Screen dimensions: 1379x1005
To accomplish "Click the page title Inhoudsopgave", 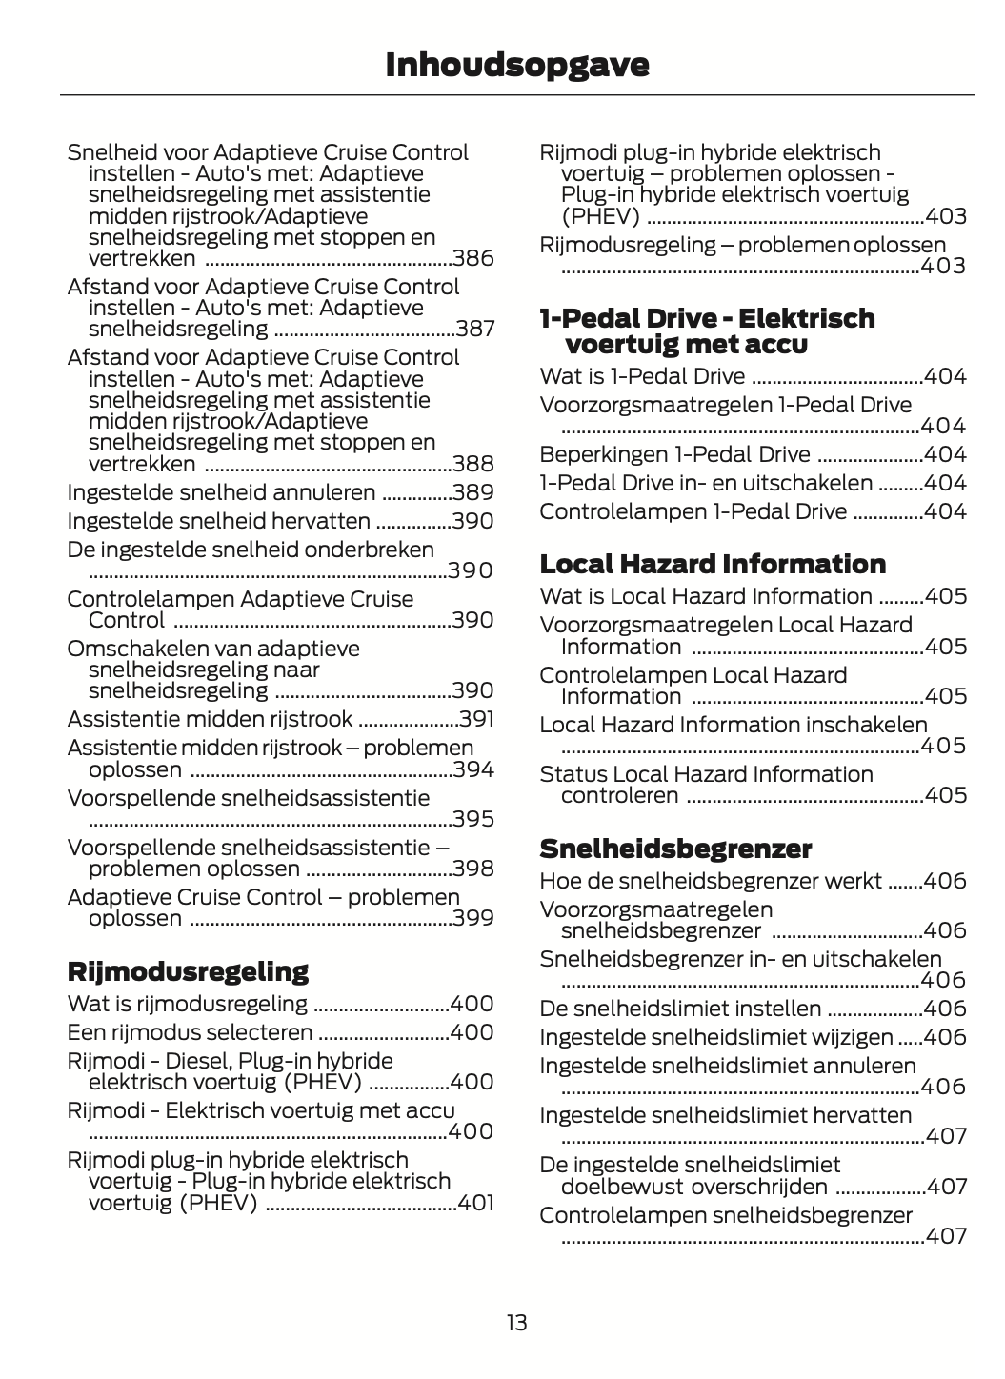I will pos(517,65).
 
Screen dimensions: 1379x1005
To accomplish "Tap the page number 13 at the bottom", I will pos(516,1323).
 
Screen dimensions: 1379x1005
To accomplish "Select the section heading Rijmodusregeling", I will pos(188,972).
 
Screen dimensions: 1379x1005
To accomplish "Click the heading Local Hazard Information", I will pos(713,564).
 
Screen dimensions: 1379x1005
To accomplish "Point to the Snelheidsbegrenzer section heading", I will pos(675,849).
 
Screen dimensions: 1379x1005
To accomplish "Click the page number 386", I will pos(473,259).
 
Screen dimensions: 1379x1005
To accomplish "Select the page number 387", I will pos(474,330).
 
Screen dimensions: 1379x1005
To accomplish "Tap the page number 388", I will pos(473,465).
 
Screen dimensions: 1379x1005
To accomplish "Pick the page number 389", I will pos(473,493).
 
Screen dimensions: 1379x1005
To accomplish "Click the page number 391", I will pos(476,719).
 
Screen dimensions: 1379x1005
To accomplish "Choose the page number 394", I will pos(473,769).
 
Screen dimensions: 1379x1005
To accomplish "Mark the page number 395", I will pos(473,820).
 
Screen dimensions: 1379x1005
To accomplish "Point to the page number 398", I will pos(473,869).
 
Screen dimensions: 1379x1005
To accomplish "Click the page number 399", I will pos(473,919).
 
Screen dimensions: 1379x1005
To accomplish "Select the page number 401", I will pos(475,1203).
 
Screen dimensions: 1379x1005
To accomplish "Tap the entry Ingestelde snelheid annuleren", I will pos(221,493).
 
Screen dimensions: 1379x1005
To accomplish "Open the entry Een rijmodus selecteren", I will pos(190,1032).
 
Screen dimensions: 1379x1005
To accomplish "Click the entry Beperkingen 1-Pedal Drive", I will pos(674,454).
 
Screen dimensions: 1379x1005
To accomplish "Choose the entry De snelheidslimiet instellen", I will pos(680,1009).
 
